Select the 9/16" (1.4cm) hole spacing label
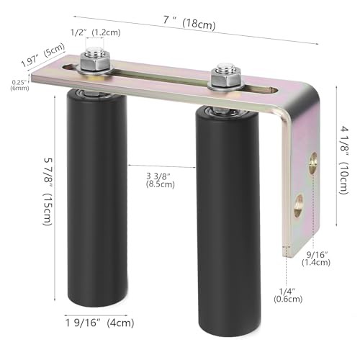pos(317,258)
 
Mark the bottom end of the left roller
pos(98,299)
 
